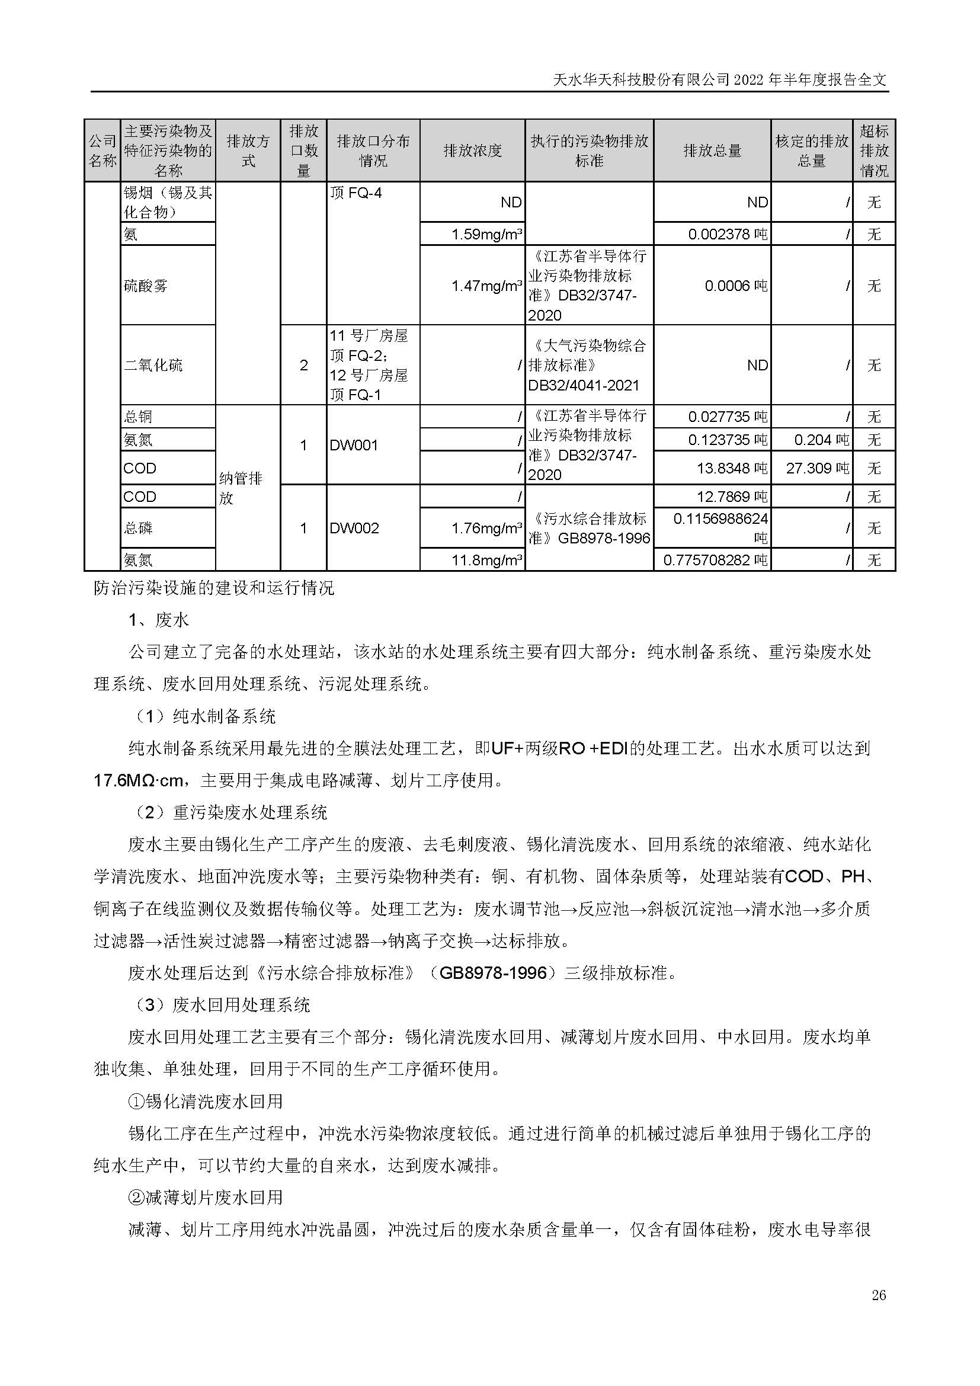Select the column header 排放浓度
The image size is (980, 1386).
point(472,151)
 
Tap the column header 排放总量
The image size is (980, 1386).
point(712,151)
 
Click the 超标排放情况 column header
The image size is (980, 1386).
point(874,151)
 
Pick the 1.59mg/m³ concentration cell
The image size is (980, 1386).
point(486,234)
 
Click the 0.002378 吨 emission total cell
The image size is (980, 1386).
point(727,234)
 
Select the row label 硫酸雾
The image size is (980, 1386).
point(145,286)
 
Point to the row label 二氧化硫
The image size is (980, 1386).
point(153,365)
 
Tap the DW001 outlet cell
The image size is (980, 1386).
point(354,446)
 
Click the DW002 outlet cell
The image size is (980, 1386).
point(354,528)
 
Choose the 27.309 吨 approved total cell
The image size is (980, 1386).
point(816,469)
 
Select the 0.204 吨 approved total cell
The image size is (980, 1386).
point(821,440)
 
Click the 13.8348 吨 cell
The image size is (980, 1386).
point(732,469)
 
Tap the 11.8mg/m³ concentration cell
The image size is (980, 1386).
point(486,560)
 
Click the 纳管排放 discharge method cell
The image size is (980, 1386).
point(241,488)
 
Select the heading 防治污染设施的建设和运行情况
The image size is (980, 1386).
point(214,588)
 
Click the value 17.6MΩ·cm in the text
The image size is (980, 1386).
point(138,780)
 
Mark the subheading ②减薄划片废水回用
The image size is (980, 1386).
point(205,1198)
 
